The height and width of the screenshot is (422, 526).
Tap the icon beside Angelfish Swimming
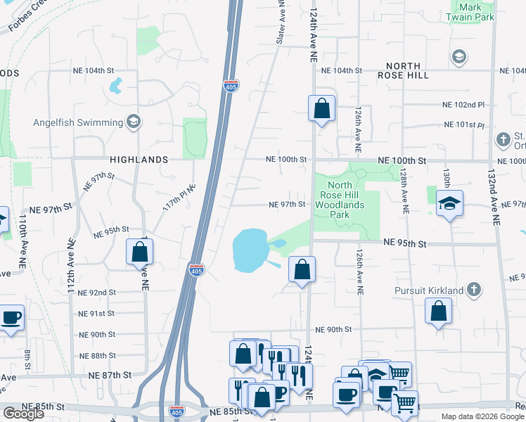[132, 122]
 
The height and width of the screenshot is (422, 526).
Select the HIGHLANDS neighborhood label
[139, 160]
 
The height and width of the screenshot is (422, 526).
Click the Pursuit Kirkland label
[428, 290]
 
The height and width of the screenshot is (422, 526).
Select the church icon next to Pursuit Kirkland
[475, 290]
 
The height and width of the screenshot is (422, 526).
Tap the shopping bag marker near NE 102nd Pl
[321, 109]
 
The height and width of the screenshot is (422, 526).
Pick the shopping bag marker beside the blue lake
[302, 269]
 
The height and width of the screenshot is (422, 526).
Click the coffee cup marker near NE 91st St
[11, 318]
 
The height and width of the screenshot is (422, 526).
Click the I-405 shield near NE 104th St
[231, 87]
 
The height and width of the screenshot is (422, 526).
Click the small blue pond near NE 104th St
[115, 87]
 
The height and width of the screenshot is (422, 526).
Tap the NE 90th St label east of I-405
[333, 329]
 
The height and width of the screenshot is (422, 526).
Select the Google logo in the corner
[23, 414]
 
